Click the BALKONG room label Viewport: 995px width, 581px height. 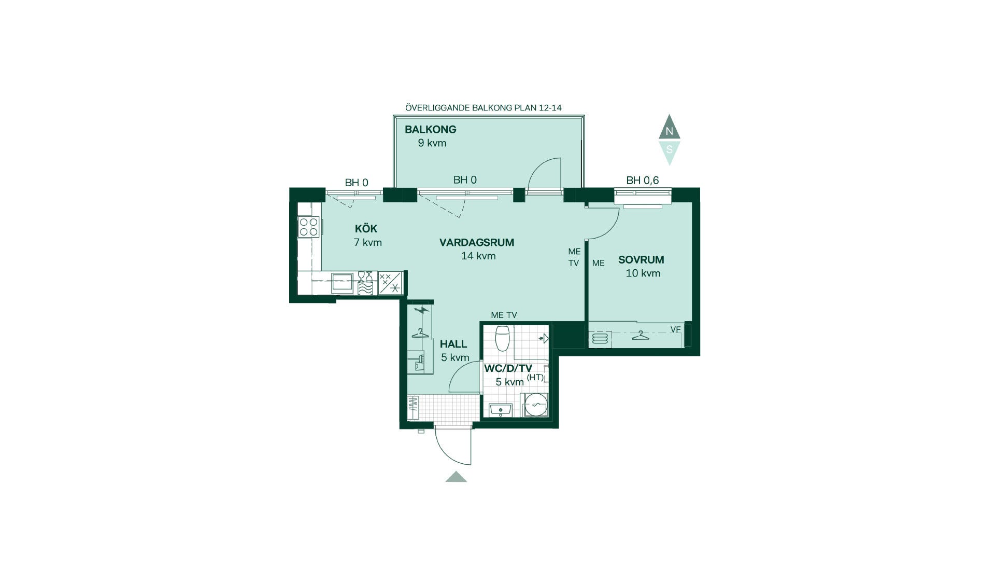coord(430,129)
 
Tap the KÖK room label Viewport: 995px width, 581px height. coord(366,228)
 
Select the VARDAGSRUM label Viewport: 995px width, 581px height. coord(477,242)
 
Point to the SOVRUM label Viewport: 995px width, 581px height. coord(641,260)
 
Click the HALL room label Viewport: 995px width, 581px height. coord(453,344)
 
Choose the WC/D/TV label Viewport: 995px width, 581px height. coord(508,368)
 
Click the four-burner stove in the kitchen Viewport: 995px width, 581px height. coord(308,227)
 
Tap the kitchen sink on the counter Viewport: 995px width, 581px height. coord(342,283)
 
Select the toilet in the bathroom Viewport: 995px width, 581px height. coord(503,338)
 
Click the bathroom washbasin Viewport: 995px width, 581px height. coord(501,410)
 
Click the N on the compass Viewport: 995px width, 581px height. coord(669,131)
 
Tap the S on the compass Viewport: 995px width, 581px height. coord(669,149)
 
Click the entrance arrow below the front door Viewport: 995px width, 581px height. coord(456,477)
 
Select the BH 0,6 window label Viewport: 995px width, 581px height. coord(643,181)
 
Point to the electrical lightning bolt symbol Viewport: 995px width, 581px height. coord(422,311)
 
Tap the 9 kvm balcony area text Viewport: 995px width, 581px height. coord(432,143)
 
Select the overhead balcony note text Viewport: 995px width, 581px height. coord(484,108)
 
